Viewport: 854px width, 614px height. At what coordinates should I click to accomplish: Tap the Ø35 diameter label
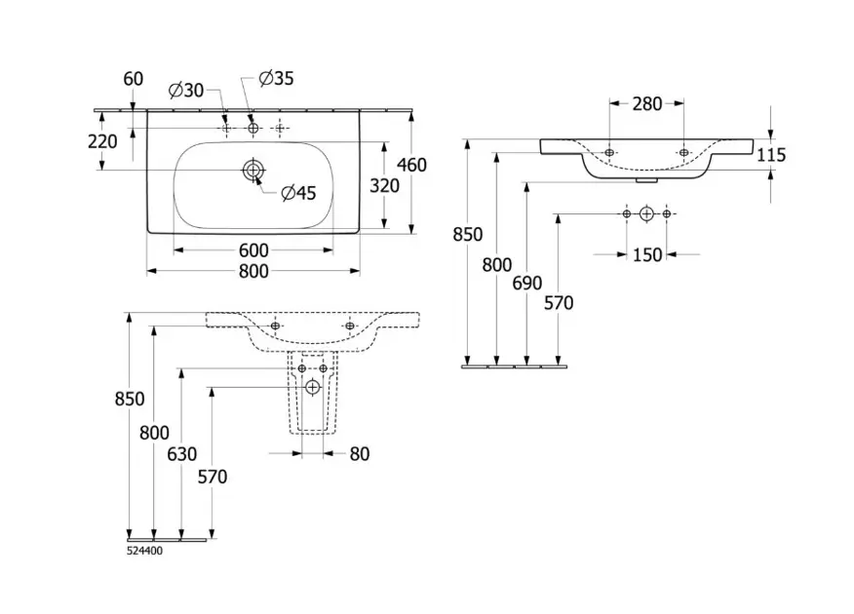point(275,78)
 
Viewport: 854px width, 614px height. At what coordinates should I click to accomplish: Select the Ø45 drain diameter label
point(298,193)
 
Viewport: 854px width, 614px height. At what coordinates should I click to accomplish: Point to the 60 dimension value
point(133,79)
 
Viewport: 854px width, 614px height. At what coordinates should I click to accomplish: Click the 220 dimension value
point(102,141)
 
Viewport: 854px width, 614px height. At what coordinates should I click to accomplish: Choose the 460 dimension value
point(411,166)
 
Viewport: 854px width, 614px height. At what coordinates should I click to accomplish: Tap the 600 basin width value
point(252,250)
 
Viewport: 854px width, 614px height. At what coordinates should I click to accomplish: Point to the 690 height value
point(526,284)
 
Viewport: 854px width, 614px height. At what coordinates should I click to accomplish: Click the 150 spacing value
point(646,255)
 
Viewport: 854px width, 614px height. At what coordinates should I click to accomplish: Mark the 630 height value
point(181,454)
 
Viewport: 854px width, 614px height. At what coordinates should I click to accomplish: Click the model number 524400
point(145,551)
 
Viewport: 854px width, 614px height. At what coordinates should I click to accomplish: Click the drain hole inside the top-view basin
point(253,172)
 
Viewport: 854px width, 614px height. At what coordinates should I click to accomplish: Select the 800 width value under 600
point(252,273)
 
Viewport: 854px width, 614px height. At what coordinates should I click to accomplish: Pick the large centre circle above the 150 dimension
point(646,212)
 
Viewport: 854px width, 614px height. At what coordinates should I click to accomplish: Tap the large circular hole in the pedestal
point(312,388)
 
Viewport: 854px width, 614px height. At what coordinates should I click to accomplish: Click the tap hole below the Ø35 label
point(253,128)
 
